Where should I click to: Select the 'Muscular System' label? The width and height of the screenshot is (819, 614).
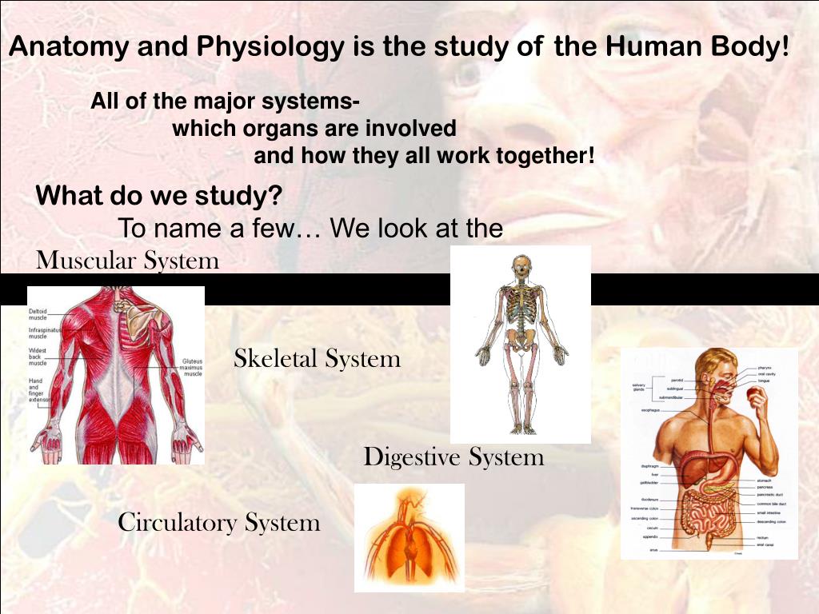(128, 261)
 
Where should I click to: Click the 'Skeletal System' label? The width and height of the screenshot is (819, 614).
(317, 359)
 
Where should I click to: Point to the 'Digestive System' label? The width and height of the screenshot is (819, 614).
(453, 457)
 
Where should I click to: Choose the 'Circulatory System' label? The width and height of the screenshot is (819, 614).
(218, 523)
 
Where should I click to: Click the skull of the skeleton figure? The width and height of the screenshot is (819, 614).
(521, 266)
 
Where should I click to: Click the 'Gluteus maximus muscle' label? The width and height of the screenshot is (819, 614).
(193, 367)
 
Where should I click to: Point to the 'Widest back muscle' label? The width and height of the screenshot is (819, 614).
(38, 357)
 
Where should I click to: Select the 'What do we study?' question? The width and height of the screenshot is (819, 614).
(159, 196)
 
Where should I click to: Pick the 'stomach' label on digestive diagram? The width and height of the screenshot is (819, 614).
(764, 480)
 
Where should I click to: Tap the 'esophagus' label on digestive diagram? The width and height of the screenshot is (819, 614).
(649, 411)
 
